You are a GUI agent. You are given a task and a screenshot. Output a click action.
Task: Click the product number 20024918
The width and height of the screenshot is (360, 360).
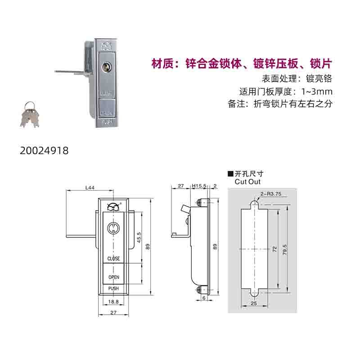pos(44,151)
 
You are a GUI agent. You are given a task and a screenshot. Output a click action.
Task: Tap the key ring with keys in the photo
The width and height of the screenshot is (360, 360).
pos(29,114)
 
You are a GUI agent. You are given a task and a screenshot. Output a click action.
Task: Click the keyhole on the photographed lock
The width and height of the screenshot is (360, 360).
pos(106,67)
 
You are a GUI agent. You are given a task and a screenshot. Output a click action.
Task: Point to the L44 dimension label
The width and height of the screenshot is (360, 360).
pos(90,188)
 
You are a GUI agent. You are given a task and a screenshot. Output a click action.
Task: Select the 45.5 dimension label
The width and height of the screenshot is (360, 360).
pos(139,238)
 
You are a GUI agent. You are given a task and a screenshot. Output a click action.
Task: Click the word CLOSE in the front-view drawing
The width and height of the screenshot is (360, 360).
pos(114,258)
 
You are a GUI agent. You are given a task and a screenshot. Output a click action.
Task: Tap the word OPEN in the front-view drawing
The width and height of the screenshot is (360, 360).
pos(114,277)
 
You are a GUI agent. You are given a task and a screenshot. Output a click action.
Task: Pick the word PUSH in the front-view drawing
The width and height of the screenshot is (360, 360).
pos(113,288)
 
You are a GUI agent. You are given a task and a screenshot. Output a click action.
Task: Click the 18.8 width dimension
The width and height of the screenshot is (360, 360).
pos(113,301)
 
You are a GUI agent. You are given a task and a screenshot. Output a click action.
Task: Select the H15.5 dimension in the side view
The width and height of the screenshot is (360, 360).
pos(199,186)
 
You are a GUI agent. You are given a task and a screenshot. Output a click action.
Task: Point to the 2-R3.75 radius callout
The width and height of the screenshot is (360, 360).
pos(271,194)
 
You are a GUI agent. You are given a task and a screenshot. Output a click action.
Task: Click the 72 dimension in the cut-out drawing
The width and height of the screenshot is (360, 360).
pos(274,249)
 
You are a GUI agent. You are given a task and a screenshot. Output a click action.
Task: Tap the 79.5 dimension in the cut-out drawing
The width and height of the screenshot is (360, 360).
pos(285,250)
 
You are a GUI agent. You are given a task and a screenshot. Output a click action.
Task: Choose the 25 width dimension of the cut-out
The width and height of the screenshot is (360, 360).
pos(254,303)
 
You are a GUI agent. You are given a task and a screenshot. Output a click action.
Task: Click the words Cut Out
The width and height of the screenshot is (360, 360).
pos(247,182)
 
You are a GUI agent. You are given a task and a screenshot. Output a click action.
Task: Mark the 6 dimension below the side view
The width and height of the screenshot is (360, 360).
pos(204,298)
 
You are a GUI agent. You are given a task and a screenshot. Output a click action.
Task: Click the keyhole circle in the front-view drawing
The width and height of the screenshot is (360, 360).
pos(113,228)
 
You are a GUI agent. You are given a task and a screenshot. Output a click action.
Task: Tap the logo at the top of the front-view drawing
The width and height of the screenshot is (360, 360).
pos(114,207)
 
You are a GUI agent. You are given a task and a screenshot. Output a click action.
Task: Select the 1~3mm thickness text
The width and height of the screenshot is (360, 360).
pos(317,92)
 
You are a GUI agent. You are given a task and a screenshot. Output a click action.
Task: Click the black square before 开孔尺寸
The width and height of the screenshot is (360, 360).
pos(230,174)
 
